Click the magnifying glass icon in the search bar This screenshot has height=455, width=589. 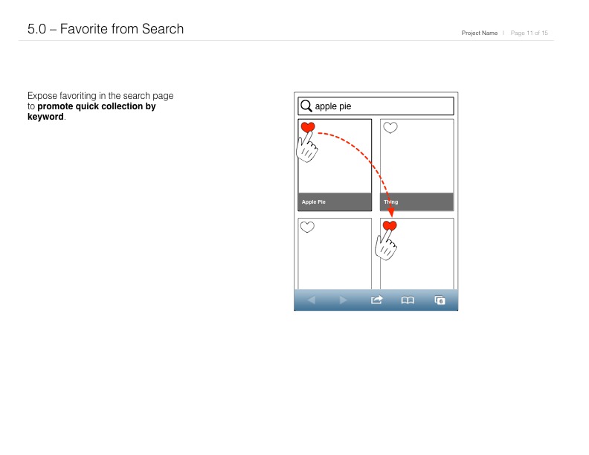click(306, 106)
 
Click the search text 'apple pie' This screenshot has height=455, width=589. click(333, 106)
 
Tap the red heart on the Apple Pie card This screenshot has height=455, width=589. click(308, 127)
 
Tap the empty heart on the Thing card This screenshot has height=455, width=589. click(390, 128)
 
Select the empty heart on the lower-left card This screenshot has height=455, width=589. click(307, 227)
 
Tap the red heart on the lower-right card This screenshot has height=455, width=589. click(390, 225)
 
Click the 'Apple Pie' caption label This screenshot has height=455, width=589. click(313, 202)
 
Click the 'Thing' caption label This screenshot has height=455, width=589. click(390, 202)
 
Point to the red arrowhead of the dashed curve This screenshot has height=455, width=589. click(391, 213)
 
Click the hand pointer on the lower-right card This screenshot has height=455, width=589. click(386, 246)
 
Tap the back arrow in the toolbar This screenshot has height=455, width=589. click(312, 300)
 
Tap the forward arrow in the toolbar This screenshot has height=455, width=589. click(343, 300)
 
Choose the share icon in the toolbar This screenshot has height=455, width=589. click(376, 300)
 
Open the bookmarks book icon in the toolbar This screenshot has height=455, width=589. click(408, 300)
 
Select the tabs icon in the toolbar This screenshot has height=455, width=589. click(440, 300)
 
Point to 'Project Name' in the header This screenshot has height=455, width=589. click(480, 33)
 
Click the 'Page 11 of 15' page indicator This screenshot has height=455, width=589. click(529, 33)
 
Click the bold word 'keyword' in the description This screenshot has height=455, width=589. click(45, 117)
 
